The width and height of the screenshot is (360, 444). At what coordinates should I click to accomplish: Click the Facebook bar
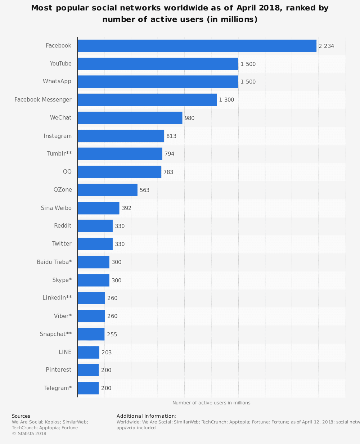click(197, 46)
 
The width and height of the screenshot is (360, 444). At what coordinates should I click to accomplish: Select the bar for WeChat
click(130, 118)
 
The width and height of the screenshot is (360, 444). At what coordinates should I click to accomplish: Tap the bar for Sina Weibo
click(98, 208)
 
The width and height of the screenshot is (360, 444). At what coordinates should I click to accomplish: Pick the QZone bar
click(107, 190)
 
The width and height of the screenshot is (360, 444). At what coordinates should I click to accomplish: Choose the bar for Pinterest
click(88, 370)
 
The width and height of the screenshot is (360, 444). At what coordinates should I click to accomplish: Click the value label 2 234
click(326, 46)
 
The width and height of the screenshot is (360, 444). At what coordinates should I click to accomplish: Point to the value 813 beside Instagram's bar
click(171, 136)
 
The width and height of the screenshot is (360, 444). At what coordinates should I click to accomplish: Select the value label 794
click(169, 154)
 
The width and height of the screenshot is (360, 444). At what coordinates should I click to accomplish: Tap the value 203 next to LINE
click(107, 353)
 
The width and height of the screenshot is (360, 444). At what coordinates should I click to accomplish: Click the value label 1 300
click(226, 100)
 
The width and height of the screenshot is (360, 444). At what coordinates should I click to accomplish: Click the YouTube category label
click(60, 64)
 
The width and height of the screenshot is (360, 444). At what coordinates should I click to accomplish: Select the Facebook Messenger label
click(43, 100)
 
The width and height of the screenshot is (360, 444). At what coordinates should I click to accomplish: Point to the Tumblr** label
click(59, 154)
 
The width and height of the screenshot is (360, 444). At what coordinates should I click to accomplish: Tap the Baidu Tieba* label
click(54, 262)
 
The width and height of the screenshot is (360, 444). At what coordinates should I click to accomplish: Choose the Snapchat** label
click(55, 334)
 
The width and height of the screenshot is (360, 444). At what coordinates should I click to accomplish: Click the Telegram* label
click(58, 388)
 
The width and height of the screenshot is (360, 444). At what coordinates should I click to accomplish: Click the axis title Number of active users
click(211, 403)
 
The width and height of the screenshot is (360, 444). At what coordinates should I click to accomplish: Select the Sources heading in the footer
click(21, 416)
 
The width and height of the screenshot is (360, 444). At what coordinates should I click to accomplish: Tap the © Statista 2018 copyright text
click(29, 434)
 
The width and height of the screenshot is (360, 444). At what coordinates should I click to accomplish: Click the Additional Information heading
click(147, 416)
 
